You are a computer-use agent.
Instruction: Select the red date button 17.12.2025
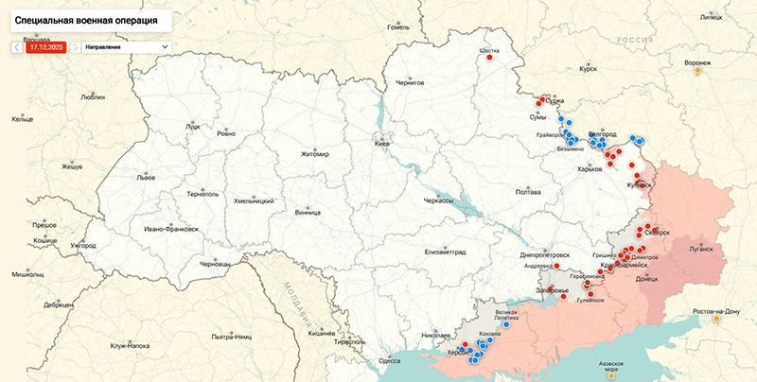(46, 46)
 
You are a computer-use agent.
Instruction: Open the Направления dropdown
(125, 46)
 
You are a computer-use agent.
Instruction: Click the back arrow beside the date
(17, 46)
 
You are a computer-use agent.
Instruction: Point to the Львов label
(146, 177)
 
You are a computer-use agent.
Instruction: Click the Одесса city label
(389, 360)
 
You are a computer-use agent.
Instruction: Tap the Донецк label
(646, 280)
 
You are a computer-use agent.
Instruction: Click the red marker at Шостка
(491, 58)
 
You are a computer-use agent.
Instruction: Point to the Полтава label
(527, 192)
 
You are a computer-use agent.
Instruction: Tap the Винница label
(308, 213)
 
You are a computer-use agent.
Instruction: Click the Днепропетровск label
(545, 254)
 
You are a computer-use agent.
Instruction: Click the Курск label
(588, 69)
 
